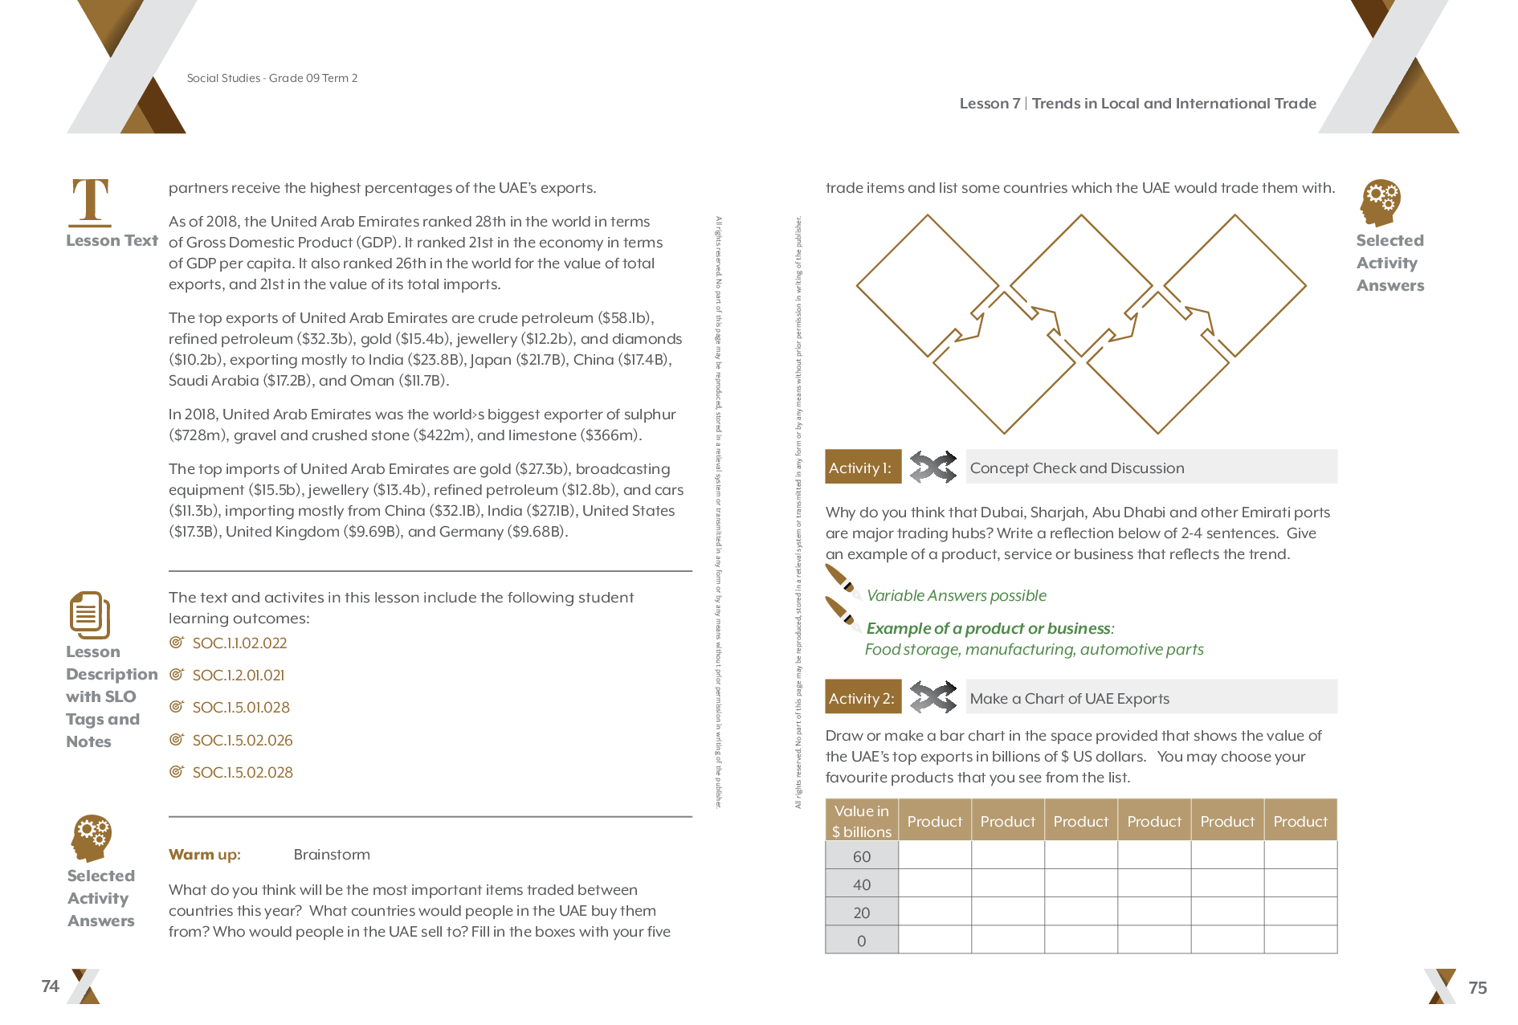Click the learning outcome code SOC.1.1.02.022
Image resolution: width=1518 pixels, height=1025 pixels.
239,643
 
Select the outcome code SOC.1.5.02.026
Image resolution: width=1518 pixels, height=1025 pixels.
243,741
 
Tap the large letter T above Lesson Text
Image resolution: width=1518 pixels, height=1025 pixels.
91,202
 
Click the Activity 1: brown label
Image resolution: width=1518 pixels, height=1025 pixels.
862,468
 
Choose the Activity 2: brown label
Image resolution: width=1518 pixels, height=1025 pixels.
863,698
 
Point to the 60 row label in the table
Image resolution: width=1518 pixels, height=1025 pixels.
862,856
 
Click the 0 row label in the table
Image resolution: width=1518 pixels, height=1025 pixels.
862,941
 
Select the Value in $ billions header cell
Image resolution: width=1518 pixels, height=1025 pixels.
862,821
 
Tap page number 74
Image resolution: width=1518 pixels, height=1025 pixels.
51,986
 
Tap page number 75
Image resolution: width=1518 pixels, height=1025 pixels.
1477,988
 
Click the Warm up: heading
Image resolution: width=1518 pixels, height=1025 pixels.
205,855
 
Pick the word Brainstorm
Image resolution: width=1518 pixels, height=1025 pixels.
332,855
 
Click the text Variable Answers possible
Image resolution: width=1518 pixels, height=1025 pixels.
956,596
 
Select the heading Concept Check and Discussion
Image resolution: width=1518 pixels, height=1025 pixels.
1076,468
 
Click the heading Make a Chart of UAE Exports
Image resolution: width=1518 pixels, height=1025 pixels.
1069,699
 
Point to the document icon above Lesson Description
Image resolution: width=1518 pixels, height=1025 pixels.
89,615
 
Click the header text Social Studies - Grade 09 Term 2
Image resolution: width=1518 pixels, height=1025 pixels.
272,78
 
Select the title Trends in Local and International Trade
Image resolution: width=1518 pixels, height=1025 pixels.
1173,104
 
